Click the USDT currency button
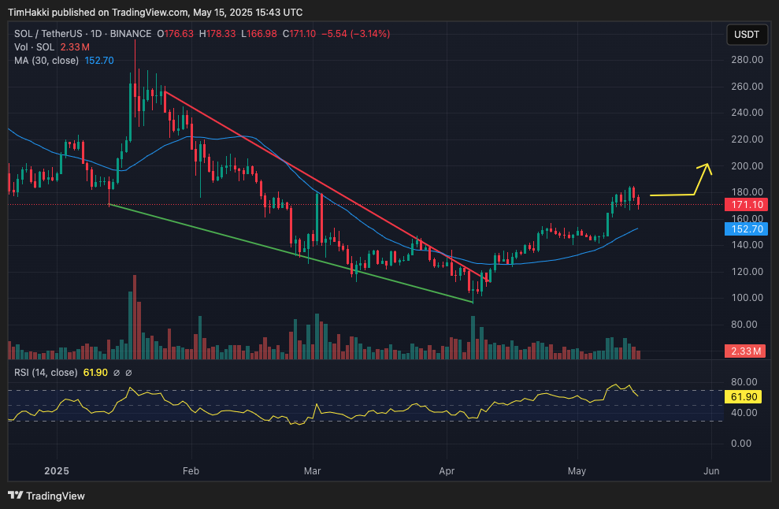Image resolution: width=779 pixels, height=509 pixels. (x=747, y=35)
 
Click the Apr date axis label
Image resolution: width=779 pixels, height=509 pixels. (x=447, y=470)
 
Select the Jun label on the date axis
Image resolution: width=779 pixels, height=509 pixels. (x=711, y=470)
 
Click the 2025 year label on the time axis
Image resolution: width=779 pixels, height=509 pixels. (x=58, y=470)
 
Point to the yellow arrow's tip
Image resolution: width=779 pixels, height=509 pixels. (x=707, y=164)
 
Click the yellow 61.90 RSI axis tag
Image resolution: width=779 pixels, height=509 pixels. (x=744, y=397)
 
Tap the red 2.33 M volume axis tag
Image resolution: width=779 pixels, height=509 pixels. (x=744, y=351)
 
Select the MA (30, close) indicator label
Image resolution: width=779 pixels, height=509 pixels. (x=46, y=61)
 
